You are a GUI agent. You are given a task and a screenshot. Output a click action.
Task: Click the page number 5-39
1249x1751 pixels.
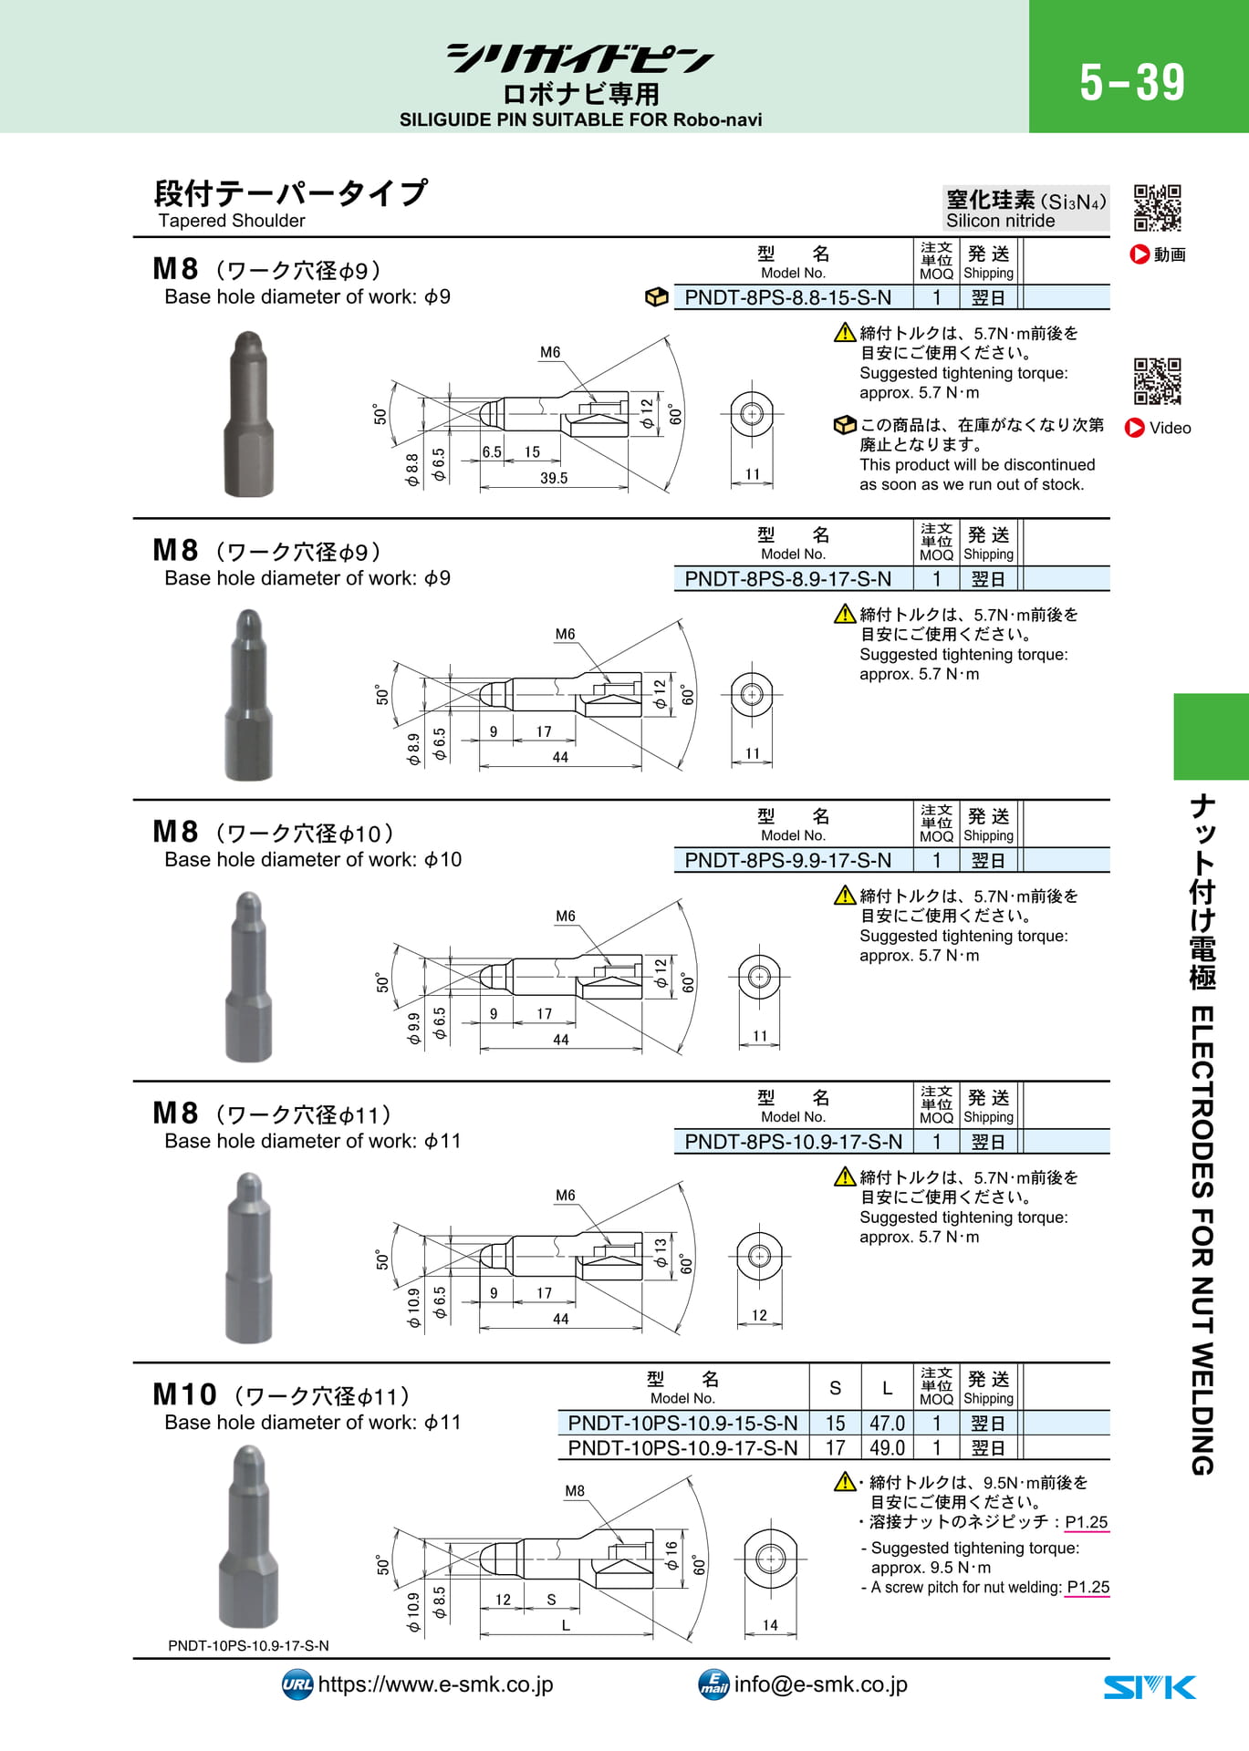[1132, 83]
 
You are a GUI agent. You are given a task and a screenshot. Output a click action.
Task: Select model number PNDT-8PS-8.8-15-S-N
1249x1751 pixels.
[787, 297]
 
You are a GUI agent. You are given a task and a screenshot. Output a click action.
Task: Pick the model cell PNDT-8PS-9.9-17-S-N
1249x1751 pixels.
[787, 860]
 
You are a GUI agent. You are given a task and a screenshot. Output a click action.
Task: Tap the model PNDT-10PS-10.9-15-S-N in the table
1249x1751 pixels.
[682, 1424]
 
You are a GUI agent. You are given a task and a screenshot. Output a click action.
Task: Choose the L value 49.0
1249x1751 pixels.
[887, 1448]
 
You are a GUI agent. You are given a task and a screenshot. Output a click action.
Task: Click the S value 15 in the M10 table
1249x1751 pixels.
[835, 1424]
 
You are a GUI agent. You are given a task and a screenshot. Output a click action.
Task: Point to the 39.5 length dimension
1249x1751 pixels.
[554, 478]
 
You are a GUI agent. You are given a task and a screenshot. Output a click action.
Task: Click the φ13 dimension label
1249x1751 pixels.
[661, 1253]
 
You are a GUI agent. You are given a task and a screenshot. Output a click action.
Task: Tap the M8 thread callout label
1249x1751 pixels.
[575, 1491]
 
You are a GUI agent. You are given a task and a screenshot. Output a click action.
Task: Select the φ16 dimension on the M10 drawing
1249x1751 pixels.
[671, 1556]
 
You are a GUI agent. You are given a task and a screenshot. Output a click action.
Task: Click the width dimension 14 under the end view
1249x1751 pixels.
[770, 1625]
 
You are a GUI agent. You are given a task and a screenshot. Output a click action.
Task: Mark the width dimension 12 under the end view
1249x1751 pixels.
[759, 1315]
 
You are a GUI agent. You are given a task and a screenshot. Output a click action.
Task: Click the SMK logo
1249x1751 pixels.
[1150, 1687]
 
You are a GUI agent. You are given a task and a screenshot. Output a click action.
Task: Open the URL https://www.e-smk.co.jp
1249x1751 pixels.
[435, 1684]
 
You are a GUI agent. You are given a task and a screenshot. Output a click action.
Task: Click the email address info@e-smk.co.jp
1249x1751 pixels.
[820, 1684]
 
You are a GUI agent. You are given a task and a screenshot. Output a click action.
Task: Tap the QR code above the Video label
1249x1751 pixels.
[1158, 381]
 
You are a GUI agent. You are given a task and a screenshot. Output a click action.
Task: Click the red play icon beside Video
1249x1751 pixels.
[1135, 428]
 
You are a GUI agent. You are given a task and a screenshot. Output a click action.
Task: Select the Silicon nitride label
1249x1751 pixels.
[1000, 221]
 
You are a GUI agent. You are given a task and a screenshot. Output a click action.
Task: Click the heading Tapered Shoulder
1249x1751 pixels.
[232, 221]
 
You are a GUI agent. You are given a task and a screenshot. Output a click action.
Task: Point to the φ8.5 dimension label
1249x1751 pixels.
[439, 1602]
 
